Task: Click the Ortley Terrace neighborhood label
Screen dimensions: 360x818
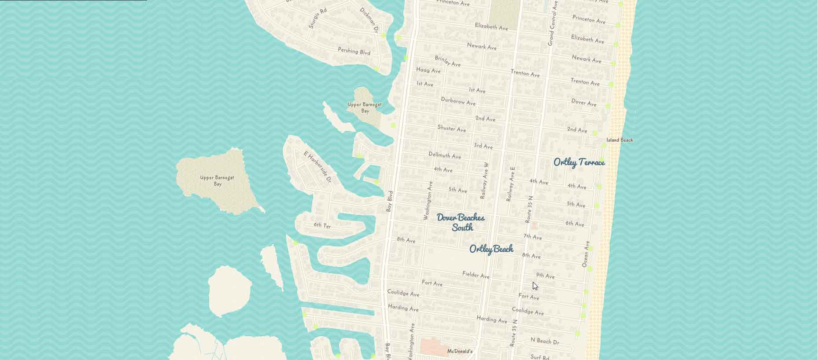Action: [579, 162]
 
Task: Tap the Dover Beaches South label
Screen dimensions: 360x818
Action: [461, 222]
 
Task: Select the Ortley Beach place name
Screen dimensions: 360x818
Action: [491, 249]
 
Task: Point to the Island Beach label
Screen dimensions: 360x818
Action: [619, 140]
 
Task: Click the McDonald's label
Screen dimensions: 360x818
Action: [460, 351]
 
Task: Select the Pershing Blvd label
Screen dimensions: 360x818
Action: [354, 51]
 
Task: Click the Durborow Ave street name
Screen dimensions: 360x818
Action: [458, 101]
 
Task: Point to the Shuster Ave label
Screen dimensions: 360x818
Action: [451, 129]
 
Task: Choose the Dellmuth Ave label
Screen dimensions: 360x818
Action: [445, 155]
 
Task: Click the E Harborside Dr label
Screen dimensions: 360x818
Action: [317, 167]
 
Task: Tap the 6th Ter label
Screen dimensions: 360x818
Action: [322, 225]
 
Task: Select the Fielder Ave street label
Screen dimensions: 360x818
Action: [475, 275]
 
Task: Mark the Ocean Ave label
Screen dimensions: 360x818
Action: [586, 254]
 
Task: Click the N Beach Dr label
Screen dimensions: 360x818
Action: [545, 341]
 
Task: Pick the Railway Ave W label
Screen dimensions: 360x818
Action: [484, 180]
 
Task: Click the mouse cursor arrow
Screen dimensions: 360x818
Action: [534, 286]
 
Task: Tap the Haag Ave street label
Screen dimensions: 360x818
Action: [428, 70]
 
